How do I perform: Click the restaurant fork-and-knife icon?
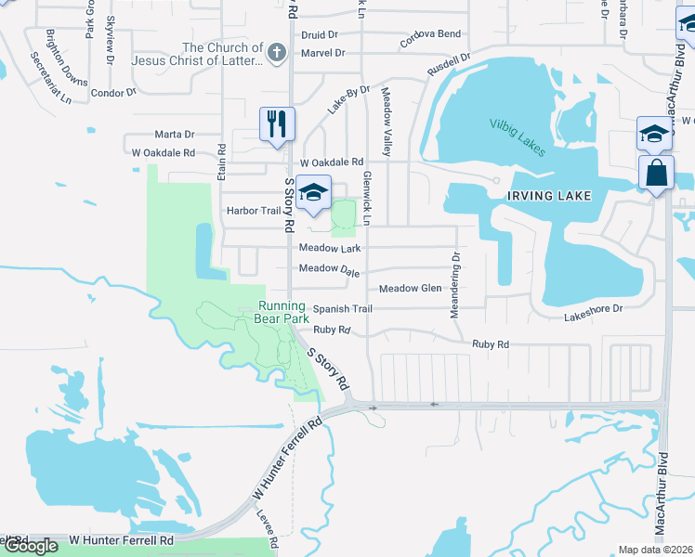tap(277, 124)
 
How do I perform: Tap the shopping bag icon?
tap(656, 174)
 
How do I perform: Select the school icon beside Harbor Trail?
tap(314, 193)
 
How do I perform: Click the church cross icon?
tap(277, 52)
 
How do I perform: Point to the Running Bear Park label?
tap(282, 312)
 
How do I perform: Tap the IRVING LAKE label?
tap(548, 196)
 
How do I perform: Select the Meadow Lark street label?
tap(329, 249)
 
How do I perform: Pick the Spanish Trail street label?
tap(342, 308)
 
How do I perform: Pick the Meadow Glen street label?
tap(410, 289)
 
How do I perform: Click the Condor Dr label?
tap(113, 93)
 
